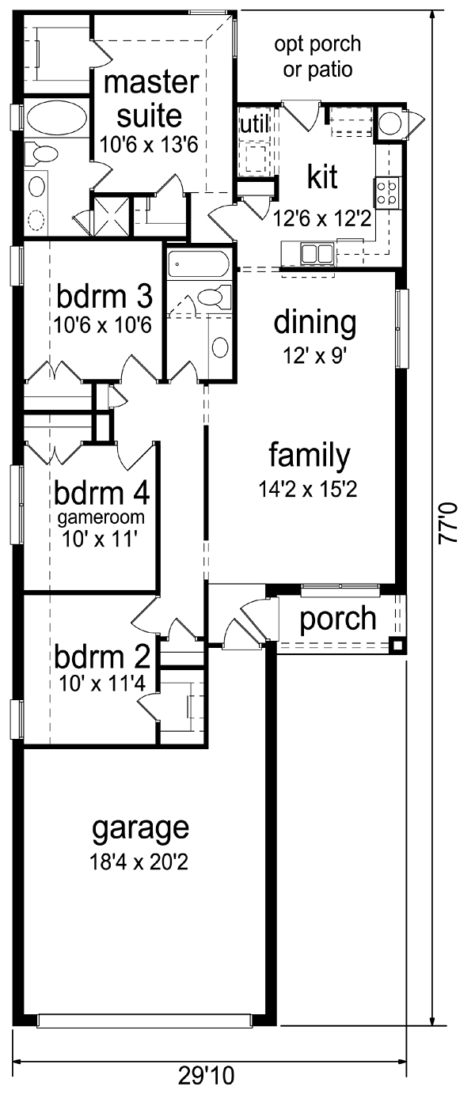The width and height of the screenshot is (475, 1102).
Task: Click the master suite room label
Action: [151, 99]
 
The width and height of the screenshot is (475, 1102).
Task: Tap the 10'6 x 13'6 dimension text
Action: [149, 145]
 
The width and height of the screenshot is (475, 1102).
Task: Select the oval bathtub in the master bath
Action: [57, 118]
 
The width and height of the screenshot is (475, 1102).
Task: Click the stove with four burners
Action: [387, 193]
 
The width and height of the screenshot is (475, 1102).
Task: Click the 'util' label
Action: [254, 124]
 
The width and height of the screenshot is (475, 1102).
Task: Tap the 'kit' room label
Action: [323, 177]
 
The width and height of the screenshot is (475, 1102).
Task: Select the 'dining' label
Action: [315, 324]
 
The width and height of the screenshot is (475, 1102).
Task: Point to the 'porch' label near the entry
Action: [338, 619]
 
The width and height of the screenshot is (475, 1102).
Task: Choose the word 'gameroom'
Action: [101, 518]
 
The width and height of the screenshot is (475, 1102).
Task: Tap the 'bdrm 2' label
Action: [102, 657]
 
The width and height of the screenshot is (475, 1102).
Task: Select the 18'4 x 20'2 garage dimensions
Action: [139, 862]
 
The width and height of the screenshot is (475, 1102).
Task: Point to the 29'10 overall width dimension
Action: [207, 1089]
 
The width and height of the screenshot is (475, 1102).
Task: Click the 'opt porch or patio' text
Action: [317, 57]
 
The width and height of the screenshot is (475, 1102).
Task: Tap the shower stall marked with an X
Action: [112, 216]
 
